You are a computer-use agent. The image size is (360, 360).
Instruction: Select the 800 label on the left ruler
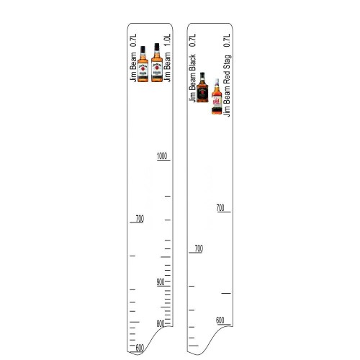pos(161,323)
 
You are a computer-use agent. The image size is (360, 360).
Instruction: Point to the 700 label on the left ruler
pos(138,218)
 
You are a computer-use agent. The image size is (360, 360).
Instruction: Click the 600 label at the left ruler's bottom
pos(139,348)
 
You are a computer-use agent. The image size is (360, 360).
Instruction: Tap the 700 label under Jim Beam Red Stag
pos(222,208)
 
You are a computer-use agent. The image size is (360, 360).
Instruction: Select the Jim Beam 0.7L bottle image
pos(143,63)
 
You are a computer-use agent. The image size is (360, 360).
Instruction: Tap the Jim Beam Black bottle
pos(203,88)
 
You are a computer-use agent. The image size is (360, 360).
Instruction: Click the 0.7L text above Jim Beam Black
pos(192,40)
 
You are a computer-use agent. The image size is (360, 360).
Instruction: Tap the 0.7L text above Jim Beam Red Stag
pos(228,40)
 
